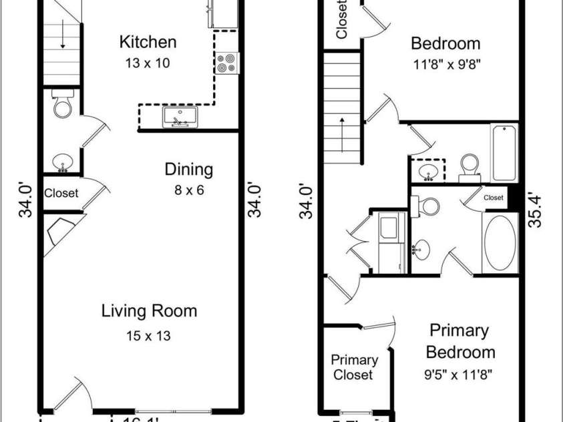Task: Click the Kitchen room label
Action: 148,42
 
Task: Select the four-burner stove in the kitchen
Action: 228,63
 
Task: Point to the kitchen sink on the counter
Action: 180,119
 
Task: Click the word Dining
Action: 189,170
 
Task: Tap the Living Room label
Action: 149,310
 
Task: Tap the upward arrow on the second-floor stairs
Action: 343,130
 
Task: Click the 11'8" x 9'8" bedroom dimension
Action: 445,66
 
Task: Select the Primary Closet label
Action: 354,367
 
